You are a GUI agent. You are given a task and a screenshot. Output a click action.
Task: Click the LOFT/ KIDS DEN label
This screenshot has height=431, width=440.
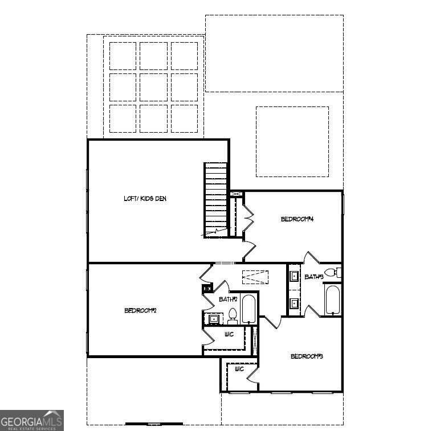click(x=145, y=198)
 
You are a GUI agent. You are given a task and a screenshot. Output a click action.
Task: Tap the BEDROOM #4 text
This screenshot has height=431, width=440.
click(x=297, y=219)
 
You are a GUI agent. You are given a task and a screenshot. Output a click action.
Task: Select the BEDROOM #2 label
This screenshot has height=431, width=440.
click(x=140, y=310)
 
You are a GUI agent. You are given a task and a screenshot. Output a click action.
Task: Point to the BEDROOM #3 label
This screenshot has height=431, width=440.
click(x=307, y=356)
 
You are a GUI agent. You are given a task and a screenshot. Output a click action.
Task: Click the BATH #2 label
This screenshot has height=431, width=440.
click(x=228, y=299)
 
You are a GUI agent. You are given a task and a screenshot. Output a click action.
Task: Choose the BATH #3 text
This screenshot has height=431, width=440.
click(x=314, y=277)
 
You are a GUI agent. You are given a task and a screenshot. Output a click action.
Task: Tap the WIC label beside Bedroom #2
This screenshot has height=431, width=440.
click(x=229, y=334)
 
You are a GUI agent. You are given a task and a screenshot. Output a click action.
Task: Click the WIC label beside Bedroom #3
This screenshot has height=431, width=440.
click(x=239, y=369)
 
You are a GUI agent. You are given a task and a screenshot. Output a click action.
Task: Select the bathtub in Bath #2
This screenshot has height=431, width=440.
click(x=248, y=309)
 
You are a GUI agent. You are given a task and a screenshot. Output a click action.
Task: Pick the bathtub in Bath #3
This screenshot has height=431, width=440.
click(x=333, y=300)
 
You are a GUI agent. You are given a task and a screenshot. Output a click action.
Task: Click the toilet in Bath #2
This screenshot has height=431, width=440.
click(x=233, y=316)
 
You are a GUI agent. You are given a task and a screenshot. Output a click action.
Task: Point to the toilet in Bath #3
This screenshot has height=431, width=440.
click(x=332, y=272)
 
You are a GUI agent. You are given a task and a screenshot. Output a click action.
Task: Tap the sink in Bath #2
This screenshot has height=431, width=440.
click(x=214, y=319)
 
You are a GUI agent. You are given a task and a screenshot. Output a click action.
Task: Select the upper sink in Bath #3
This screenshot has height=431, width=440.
click(x=294, y=277)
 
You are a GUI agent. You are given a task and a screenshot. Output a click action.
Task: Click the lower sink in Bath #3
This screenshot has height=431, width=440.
click(x=294, y=303)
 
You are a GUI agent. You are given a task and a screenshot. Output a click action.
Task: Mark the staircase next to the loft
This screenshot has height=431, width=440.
click(x=216, y=200)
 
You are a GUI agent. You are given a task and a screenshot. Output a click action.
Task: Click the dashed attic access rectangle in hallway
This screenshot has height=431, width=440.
click(x=255, y=277)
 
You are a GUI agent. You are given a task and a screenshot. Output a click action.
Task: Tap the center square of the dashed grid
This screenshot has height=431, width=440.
click(x=153, y=87)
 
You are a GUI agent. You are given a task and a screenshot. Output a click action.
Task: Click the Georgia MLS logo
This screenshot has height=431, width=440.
click(x=32, y=420)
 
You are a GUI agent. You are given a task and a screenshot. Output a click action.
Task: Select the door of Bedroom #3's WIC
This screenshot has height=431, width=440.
click(x=252, y=375)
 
